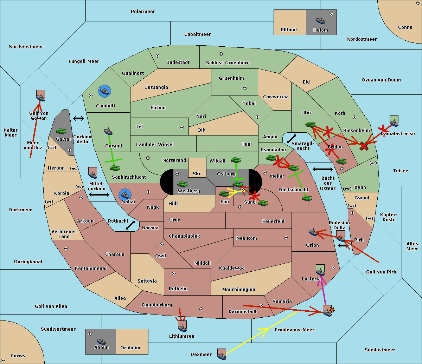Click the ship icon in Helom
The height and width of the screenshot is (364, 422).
(320, 20)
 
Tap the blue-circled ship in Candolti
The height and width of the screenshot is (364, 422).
(104, 91)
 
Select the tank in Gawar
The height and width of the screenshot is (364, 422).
(61, 131)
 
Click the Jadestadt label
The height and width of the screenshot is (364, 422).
(178, 62)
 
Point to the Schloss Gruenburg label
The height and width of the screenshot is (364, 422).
(228, 62)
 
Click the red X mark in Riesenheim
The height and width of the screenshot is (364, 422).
(364, 146)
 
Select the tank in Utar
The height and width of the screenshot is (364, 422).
(310, 124)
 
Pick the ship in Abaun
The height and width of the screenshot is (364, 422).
(101, 341)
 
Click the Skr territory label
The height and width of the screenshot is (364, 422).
(197, 173)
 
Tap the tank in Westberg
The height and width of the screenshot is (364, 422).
(182, 184)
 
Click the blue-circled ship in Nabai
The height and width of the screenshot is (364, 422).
(125, 195)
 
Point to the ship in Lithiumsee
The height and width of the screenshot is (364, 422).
(182, 328)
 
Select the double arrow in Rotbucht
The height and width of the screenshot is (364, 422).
(130, 225)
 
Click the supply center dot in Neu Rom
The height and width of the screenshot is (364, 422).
(286, 238)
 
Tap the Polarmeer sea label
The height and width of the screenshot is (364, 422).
(143, 12)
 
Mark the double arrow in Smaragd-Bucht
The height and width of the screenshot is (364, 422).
(292, 139)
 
